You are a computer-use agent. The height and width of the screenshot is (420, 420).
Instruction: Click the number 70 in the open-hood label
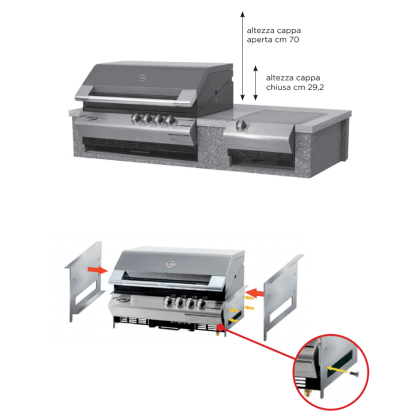(294, 40)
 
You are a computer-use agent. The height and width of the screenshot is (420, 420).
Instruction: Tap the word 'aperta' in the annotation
(256, 40)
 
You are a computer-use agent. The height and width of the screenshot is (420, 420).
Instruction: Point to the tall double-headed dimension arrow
(242, 56)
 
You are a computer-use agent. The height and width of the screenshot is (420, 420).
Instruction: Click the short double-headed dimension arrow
(256, 83)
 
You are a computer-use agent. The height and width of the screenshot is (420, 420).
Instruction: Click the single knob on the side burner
(242, 125)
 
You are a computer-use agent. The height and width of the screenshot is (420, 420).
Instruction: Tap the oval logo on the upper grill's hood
(142, 78)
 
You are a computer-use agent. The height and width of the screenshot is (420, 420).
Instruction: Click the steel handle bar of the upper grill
(132, 100)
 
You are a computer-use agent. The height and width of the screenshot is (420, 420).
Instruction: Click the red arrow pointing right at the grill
(98, 271)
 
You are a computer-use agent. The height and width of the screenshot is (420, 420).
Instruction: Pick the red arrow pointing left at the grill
(255, 293)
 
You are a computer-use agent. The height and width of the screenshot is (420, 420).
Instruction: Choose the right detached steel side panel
(283, 298)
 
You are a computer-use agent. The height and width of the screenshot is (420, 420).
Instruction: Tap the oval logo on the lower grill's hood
(170, 264)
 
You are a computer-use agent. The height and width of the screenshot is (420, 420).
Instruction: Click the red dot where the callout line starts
(220, 328)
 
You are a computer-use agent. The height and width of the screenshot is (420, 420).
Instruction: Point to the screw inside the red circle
(355, 373)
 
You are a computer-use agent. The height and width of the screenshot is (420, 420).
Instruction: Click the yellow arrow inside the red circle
(337, 370)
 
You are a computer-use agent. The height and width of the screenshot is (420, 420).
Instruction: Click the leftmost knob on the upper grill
(137, 118)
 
